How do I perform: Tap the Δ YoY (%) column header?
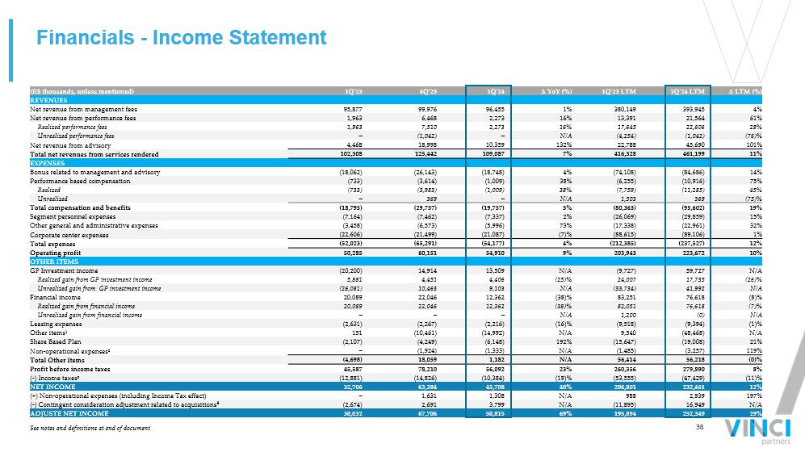[x=556, y=90]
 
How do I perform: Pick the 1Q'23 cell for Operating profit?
[x=351, y=253]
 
